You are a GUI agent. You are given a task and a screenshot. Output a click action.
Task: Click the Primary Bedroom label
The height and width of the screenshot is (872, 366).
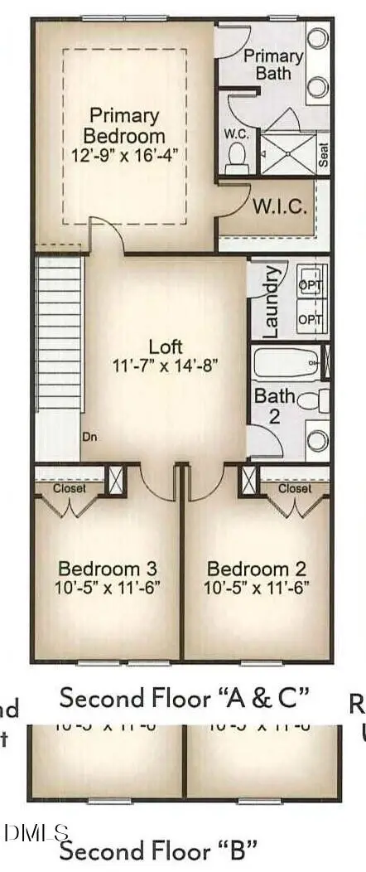coord(127,125)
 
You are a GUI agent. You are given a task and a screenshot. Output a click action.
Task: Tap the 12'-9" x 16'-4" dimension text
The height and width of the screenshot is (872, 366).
coord(127,153)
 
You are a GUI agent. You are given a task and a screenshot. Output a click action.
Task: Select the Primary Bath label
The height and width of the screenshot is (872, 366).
coord(273,64)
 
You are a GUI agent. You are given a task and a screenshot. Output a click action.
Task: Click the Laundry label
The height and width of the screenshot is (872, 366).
coord(269,299)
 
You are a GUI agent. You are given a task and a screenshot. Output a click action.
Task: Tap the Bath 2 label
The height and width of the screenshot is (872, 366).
coord(273,405)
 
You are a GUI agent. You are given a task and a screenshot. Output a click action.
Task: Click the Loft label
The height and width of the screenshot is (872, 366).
coord(165,346)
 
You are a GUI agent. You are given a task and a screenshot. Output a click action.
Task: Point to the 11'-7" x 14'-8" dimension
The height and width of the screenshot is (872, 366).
coord(165,365)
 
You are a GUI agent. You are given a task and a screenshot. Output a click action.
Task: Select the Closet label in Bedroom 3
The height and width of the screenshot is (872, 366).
coord(69,489)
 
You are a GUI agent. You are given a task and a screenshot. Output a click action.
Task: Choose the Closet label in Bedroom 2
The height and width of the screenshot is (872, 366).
coord(295,489)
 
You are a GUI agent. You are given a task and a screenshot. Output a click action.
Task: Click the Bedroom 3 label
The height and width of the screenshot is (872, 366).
coord(108,569)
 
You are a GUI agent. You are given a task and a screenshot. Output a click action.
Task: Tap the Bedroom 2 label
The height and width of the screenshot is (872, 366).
coord(257,569)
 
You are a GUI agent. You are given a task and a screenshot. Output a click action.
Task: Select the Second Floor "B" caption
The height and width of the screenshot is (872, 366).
coord(157,850)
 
